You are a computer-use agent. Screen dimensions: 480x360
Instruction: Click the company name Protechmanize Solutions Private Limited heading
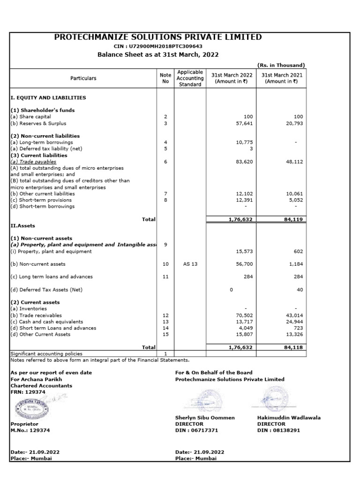coord(158,37)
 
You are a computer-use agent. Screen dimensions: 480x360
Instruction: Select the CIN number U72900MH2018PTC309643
coord(158,46)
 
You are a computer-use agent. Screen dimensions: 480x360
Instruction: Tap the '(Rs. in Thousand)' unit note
coord(281,65)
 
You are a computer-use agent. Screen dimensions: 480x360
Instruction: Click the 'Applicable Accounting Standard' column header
coord(190,78)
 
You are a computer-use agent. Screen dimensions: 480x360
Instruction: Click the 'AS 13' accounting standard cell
coord(190,264)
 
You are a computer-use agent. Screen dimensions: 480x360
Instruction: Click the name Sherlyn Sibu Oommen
coord(205,418)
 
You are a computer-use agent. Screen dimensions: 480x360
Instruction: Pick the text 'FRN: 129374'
coord(29,391)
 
